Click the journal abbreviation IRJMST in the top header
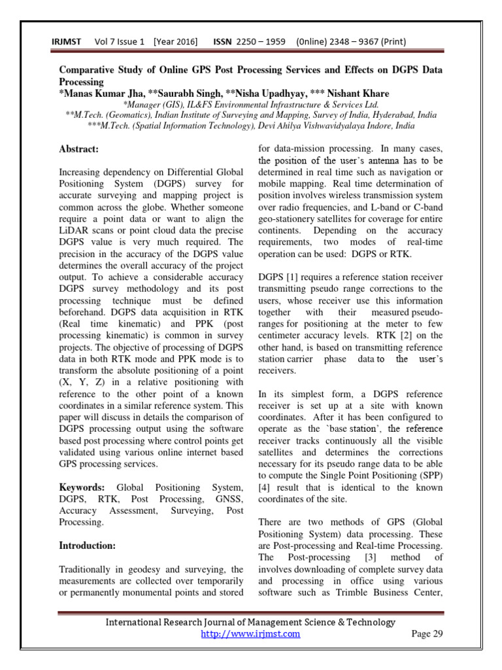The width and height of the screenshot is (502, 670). (x=66, y=43)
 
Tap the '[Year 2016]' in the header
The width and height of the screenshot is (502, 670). (x=175, y=43)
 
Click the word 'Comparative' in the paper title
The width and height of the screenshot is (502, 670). (x=88, y=69)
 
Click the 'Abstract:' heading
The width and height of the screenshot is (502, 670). (x=79, y=149)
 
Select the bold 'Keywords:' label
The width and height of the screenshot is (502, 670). (x=82, y=488)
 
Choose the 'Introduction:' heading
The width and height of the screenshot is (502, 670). (x=88, y=545)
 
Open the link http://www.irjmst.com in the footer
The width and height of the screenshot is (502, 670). (x=250, y=633)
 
